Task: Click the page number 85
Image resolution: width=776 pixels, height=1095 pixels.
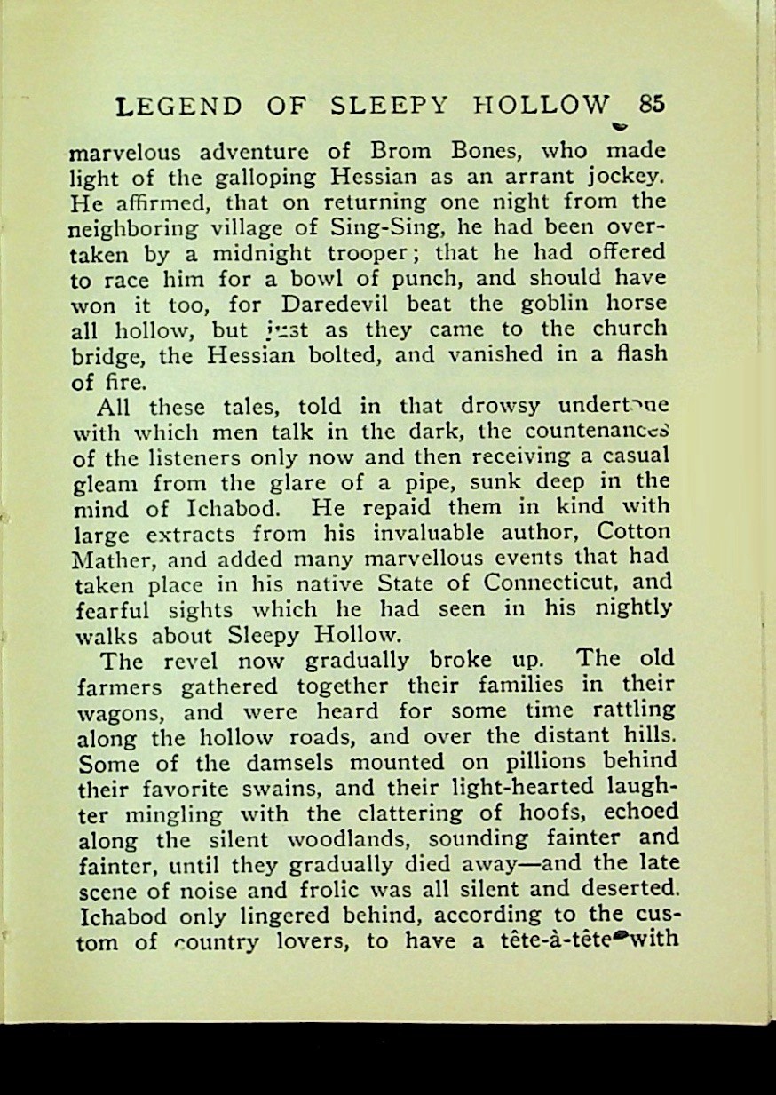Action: [x=651, y=104]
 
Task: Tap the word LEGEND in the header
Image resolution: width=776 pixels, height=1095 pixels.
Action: [x=179, y=107]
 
